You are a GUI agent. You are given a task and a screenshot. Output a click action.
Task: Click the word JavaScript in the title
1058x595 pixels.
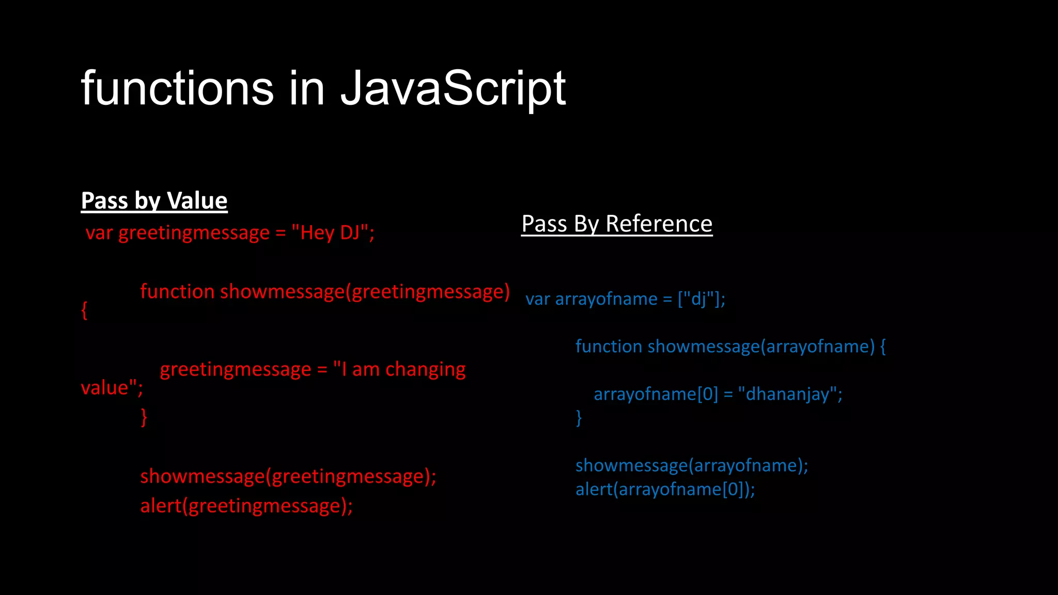453,89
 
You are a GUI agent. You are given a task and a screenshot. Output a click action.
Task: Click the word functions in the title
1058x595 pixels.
177,89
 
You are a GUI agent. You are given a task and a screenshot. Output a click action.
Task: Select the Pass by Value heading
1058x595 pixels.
154,200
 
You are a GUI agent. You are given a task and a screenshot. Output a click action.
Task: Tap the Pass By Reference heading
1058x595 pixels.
617,224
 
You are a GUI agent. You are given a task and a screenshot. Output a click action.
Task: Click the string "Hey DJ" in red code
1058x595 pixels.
331,233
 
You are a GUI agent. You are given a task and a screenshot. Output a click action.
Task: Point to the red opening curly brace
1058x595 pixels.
84,310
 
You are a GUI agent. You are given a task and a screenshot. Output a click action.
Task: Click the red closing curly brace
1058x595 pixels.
144,417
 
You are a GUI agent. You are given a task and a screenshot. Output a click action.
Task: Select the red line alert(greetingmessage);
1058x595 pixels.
246,506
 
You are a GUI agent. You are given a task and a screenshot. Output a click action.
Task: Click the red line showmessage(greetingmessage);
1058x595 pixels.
288,476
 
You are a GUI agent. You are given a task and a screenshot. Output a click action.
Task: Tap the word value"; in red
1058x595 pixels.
112,388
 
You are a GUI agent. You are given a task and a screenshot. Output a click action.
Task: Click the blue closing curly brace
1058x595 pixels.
579,417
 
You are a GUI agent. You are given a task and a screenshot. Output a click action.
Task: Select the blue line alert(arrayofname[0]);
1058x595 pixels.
665,489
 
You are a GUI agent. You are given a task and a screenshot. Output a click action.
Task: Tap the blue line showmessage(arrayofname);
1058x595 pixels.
692,465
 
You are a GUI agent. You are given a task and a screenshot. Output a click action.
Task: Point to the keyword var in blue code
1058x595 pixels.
537,300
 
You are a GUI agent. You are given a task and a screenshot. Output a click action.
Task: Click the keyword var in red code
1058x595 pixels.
99,233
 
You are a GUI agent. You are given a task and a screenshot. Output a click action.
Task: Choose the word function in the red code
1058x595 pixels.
177,292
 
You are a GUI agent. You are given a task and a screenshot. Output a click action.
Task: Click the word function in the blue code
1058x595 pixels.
609,346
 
